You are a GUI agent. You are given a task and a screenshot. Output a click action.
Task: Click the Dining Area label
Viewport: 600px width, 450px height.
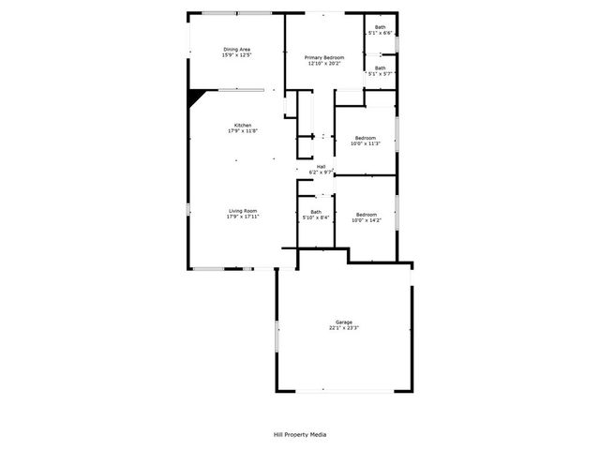pyautogui.click(x=236, y=49)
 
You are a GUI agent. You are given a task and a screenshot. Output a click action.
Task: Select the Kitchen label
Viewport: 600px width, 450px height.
pyautogui.click(x=243, y=125)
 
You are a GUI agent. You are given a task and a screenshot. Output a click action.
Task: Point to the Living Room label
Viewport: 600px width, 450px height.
pyautogui.click(x=243, y=211)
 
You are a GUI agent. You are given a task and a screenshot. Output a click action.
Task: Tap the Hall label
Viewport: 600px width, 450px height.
pyautogui.click(x=321, y=167)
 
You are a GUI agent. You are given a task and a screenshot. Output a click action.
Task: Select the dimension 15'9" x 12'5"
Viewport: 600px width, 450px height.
pyautogui.click(x=236, y=55)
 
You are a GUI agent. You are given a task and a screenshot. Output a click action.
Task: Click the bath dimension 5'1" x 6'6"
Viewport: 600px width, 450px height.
pyautogui.click(x=380, y=33)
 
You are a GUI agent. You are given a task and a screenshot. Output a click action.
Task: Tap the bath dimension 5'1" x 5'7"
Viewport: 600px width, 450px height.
pyautogui.click(x=380, y=73)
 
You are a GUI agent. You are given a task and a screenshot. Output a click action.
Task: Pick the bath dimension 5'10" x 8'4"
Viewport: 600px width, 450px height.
pyautogui.click(x=316, y=217)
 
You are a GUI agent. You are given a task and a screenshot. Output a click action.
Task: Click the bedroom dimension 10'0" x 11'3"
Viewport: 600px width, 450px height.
pyautogui.click(x=364, y=143)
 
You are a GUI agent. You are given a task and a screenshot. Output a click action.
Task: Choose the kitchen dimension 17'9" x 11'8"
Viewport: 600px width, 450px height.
pyautogui.click(x=243, y=131)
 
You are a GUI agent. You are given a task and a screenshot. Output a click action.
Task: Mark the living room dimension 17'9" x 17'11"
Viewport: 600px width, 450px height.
pyautogui.click(x=243, y=217)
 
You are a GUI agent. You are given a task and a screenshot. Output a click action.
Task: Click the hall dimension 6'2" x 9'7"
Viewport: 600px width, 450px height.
pyautogui.click(x=321, y=172)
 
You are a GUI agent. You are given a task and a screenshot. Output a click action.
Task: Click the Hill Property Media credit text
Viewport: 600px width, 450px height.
pyautogui.click(x=300, y=435)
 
